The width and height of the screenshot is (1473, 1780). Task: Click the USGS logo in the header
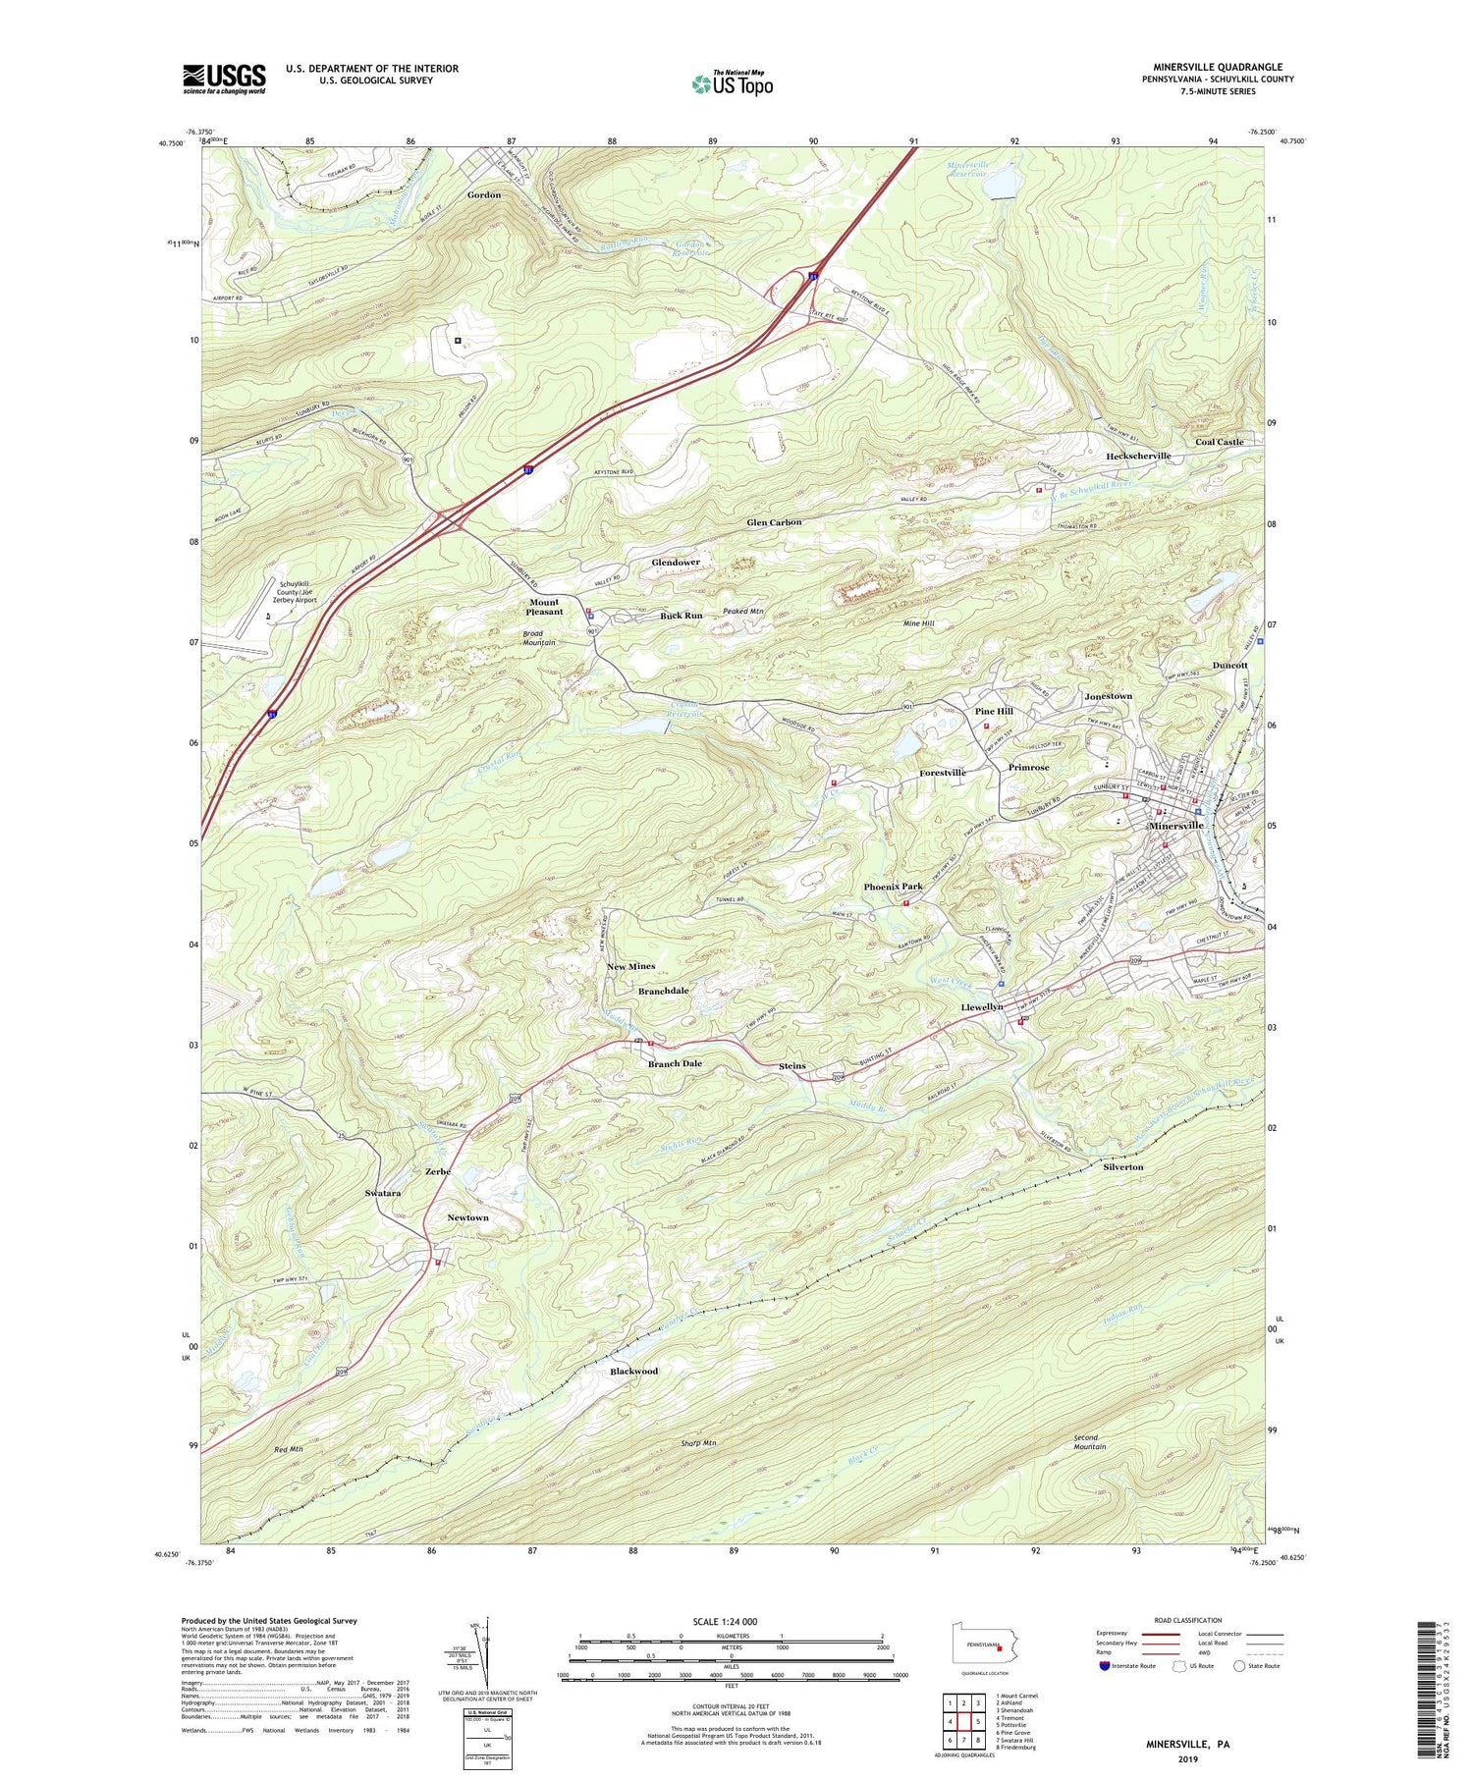click(224, 79)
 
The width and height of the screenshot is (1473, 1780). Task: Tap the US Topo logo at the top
click(733, 83)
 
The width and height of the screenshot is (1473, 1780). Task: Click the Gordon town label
click(483, 194)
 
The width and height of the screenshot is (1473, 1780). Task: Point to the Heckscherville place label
click(1138, 456)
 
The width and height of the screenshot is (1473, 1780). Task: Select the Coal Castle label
click(1219, 442)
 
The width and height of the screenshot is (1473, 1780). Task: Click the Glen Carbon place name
click(774, 522)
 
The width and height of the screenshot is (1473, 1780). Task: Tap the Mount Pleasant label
click(544, 607)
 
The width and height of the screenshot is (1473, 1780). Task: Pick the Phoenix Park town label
click(893, 887)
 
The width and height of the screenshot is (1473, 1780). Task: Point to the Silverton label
click(1122, 1167)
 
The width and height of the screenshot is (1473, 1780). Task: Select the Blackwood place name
click(633, 1371)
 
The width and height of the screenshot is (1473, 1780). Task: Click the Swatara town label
click(382, 1193)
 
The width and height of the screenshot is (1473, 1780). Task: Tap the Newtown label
click(467, 1217)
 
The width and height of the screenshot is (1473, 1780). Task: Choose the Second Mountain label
click(1089, 1442)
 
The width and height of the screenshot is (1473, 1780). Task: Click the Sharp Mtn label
click(698, 1443)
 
